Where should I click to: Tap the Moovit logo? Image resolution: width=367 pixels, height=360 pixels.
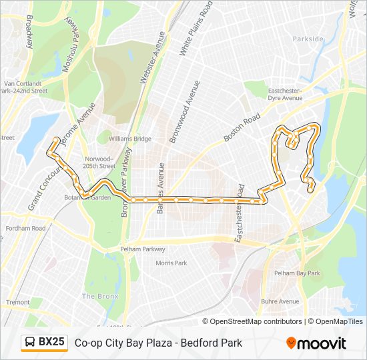click(x=316, y=343)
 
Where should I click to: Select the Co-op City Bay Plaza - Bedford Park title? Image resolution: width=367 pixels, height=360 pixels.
click(x=158, y=343)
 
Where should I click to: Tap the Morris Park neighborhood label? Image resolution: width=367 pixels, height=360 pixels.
click(x=171, y=263)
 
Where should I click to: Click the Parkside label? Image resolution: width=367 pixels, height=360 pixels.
click(x=308, y=39)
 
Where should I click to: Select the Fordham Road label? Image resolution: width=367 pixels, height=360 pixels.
click(x=25, y=229)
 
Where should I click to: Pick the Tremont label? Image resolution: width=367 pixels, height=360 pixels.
click(x=18, y=302)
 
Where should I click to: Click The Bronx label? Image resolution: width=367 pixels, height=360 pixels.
click(x=100, y=296)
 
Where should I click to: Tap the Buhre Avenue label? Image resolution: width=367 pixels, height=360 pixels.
click(x=280, y=301)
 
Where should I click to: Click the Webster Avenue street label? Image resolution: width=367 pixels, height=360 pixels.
click(x=151, y=59)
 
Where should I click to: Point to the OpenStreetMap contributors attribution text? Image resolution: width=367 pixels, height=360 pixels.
click(x=256, y=321)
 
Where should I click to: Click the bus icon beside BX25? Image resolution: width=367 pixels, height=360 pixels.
click(x=30, y=343)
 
